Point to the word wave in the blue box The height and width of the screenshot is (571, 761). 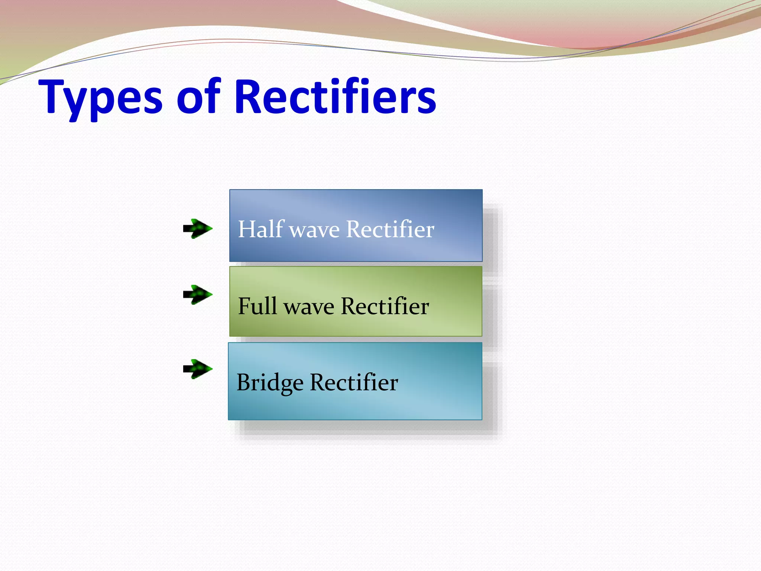pos(314,230)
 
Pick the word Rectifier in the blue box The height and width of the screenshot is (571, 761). pos(390,229)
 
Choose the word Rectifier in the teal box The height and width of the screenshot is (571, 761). pos(354,383)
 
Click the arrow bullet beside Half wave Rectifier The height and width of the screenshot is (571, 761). pos(198,229)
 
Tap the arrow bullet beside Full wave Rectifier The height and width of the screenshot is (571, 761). pos(198,295)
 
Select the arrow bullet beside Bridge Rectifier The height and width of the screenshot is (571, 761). pos(198,369)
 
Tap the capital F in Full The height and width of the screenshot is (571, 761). pos(245,306)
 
